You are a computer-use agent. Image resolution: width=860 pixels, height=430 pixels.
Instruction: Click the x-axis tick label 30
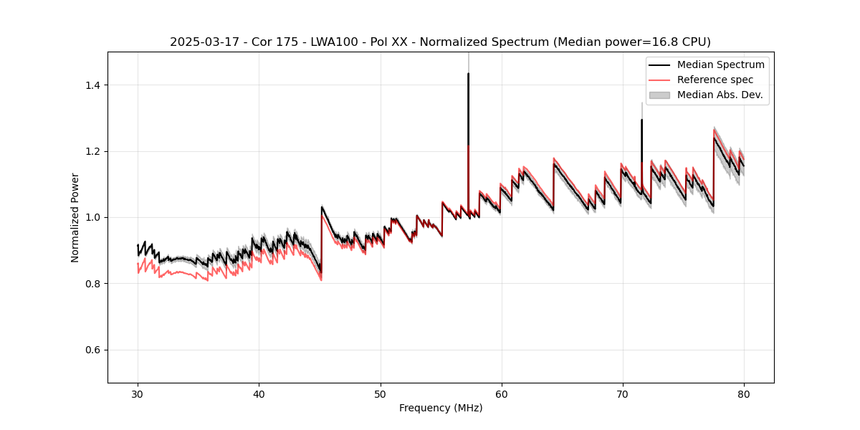point(138,393)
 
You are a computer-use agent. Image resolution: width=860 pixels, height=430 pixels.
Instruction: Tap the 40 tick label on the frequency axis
point(259,393)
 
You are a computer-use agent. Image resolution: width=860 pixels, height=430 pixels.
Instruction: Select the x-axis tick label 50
point(380,393)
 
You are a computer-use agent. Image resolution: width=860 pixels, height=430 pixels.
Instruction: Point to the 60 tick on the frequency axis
point(501,393)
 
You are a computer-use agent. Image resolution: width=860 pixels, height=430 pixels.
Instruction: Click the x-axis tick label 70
point(622,393)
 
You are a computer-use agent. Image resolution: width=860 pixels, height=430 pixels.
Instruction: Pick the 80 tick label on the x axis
point(743,393)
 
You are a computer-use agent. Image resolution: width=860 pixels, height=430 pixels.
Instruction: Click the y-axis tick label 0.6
point(95,350)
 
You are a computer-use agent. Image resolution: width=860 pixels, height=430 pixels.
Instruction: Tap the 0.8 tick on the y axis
point(95,284)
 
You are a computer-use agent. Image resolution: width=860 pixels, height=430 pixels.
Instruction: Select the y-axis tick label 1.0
point(95,217)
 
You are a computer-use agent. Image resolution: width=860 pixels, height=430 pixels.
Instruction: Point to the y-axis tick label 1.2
point(95,151)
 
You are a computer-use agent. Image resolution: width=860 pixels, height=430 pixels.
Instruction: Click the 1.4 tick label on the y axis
point(95,85)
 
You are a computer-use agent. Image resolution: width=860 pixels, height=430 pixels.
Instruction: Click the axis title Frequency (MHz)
point(441,408)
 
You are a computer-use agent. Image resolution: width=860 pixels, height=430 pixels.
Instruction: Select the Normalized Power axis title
point(75,217)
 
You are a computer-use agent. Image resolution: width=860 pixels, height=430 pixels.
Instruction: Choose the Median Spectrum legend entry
point(720,64)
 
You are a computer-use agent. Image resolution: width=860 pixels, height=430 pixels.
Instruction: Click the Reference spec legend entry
point(715,80)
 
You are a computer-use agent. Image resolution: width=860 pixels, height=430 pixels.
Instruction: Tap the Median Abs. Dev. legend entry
point(720,95)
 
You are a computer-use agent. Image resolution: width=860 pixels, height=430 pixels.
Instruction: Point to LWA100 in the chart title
point(332,42)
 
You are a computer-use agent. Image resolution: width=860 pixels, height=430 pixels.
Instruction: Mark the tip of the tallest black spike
point(468,73)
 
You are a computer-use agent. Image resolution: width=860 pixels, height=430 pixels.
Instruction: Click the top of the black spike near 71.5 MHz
point(641,120)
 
